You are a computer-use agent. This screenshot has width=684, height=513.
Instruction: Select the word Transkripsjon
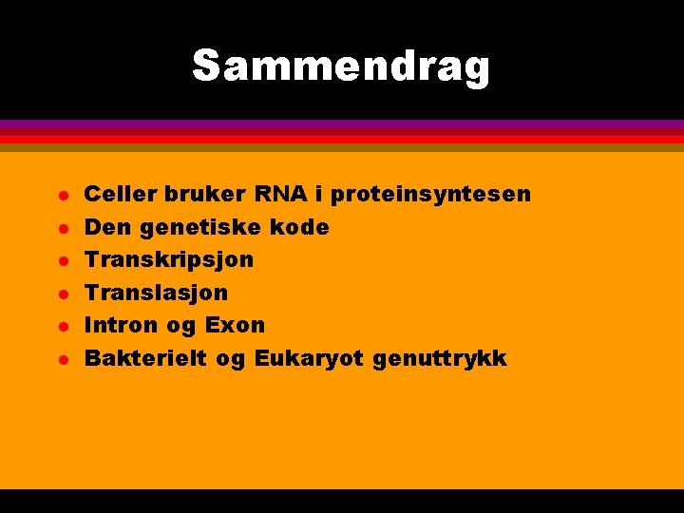point(169,260)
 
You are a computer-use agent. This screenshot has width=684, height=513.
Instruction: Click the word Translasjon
point(157,293)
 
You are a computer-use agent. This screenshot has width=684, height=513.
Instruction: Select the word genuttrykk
point(440,359)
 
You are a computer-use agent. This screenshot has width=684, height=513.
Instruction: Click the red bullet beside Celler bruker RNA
point(59,197)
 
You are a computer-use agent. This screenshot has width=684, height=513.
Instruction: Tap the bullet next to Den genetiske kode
point(59,229)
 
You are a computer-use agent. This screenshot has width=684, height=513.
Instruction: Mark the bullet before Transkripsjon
point(59,261)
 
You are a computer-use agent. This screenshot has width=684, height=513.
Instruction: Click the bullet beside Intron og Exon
point(59,327)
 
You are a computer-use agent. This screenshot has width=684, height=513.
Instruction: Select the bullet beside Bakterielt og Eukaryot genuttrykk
point(59,360)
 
